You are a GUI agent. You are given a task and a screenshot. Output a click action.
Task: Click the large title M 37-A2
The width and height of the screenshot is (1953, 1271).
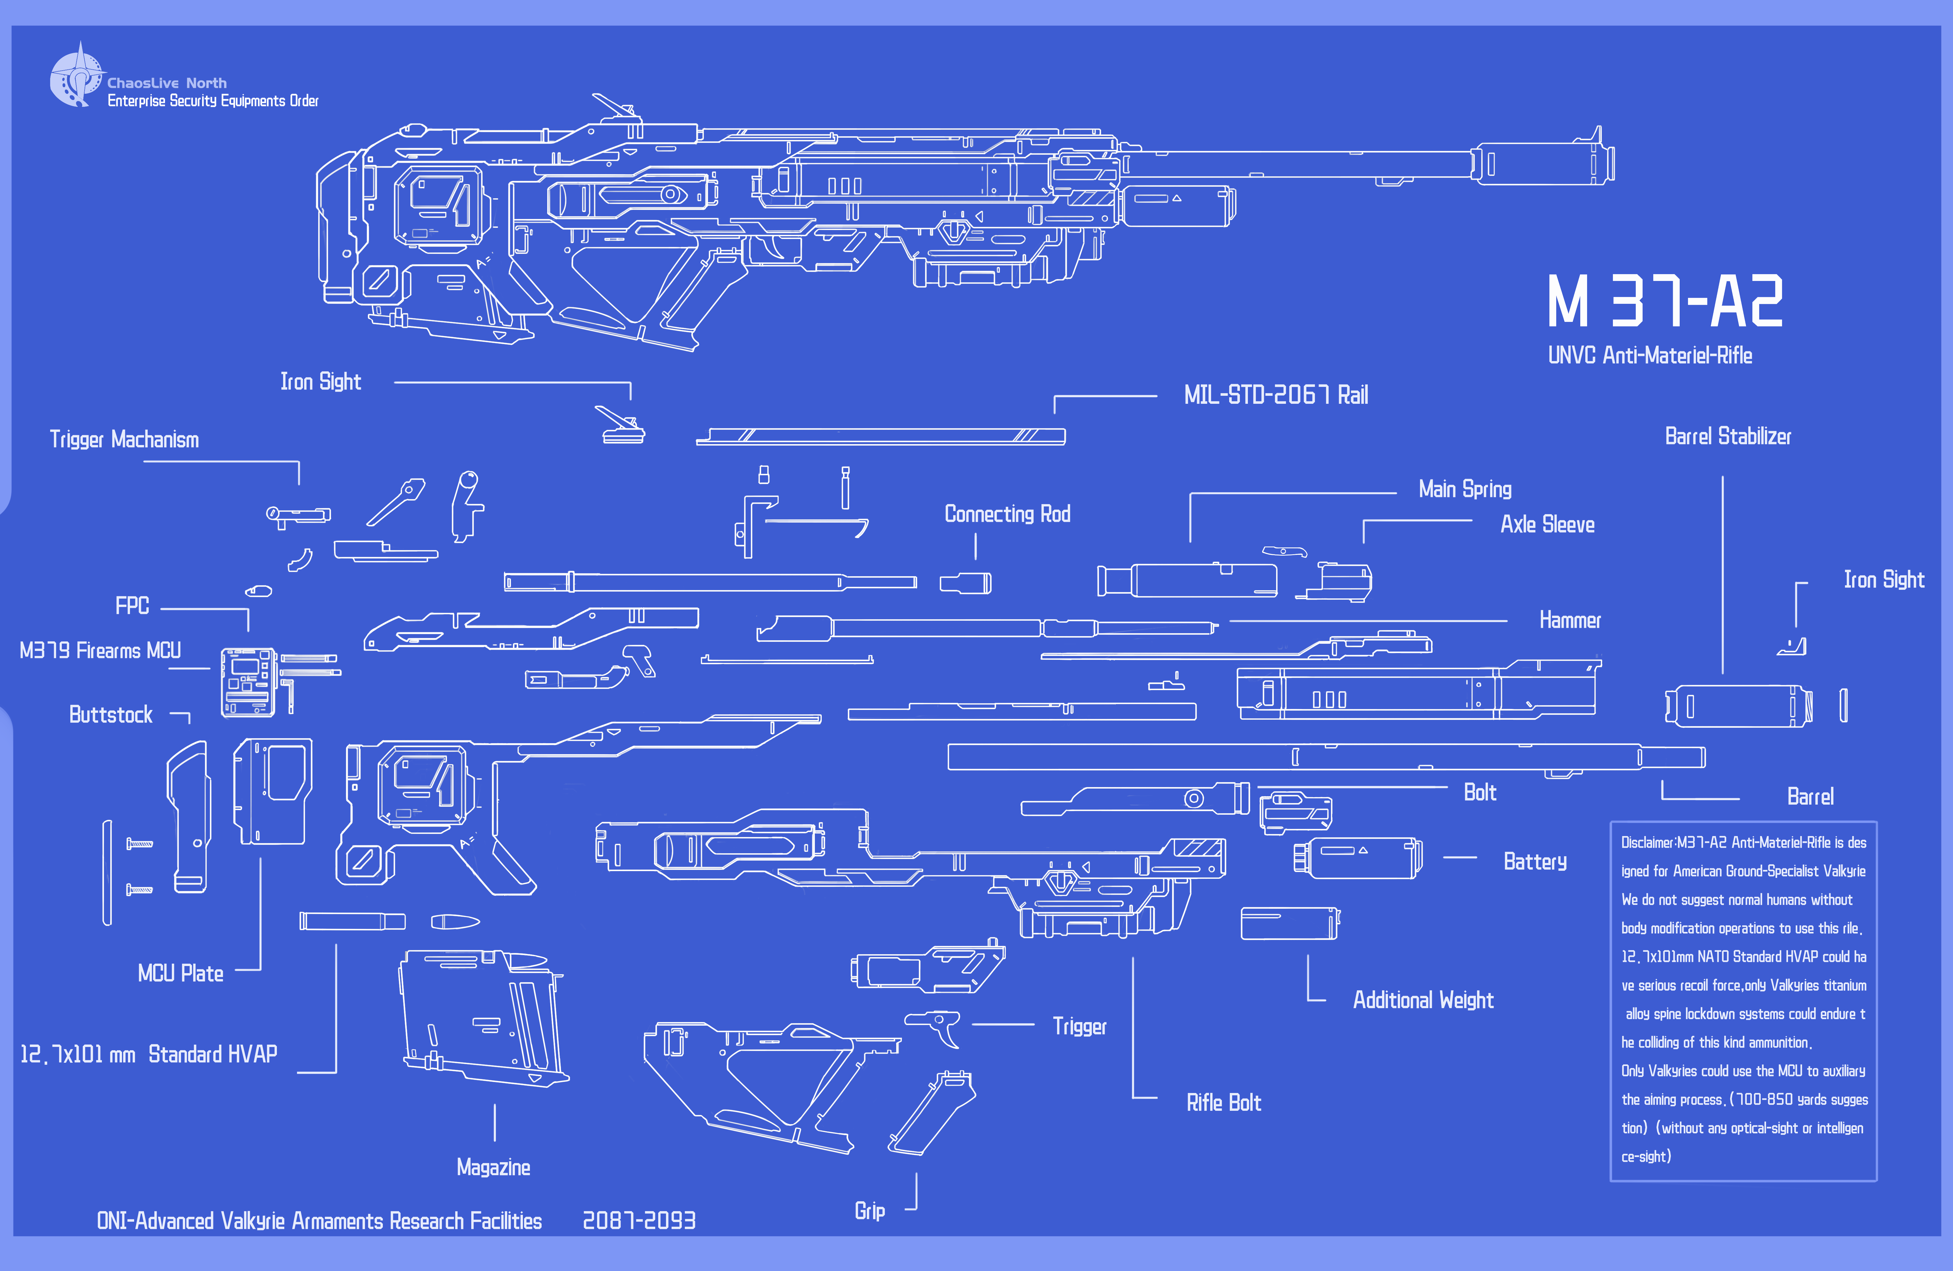coord(1664,301)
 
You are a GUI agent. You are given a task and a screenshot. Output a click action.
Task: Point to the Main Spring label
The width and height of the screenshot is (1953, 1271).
coord(1465,490)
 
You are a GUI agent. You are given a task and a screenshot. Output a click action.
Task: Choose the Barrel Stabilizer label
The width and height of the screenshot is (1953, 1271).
coord(1727,436)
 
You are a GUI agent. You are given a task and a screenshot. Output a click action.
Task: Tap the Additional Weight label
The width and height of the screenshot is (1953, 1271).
coord(1423,1000)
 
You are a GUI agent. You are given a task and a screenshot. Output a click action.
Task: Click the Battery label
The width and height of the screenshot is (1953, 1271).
coord(1535,862)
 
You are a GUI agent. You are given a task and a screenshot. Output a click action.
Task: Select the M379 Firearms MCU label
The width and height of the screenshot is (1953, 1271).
coord(100,651)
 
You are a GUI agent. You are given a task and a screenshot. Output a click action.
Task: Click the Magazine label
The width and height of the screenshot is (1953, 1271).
coord(493,1168)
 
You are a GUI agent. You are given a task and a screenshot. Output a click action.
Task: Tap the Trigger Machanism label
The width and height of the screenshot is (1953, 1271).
coord(124,440)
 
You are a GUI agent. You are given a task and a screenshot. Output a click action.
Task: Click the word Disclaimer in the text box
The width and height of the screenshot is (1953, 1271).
coord(1647,843)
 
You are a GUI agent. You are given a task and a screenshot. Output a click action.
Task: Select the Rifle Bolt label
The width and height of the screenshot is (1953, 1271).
coord(1224,1103)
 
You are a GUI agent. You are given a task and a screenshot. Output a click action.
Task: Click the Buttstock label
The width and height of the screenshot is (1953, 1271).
coord(111,715)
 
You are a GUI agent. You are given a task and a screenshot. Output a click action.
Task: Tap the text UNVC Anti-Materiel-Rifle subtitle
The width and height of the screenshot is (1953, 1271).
coord(1649,355)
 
